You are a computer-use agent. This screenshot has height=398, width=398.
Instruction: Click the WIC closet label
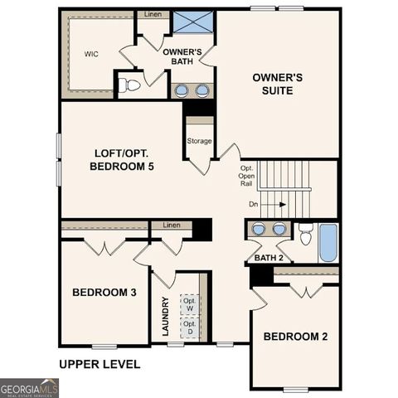coord(91,54)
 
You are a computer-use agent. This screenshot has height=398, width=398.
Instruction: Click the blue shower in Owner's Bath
coord(192,22)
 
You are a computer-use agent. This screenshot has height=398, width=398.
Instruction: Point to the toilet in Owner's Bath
coord(129,85)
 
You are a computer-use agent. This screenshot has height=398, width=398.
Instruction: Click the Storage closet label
coord(199,141)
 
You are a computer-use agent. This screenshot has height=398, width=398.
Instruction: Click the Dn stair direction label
coord(254,203)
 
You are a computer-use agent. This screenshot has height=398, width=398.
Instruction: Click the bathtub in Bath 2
coord(328,242)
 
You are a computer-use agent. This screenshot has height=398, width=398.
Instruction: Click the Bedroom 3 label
coord(104,293)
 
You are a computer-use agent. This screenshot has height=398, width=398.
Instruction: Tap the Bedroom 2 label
coord(295,337)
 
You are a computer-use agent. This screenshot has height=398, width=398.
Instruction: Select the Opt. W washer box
coord(190,304)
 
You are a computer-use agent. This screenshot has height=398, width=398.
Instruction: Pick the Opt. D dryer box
coord(190,328)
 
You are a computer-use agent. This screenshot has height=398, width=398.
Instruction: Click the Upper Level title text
coord(99,364)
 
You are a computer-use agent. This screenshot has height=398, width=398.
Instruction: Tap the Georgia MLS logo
coord(29,387)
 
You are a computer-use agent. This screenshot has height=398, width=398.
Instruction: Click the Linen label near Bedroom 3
coord(172,225)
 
